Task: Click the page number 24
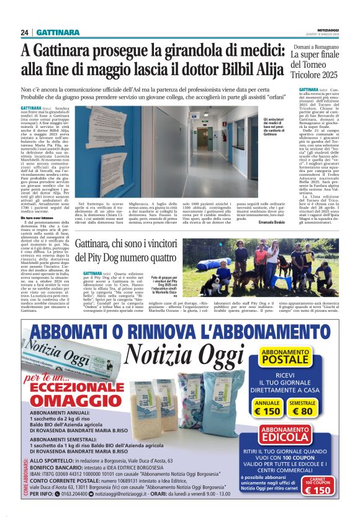tap(24, 32)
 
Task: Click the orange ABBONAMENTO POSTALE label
tap(285, 356)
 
